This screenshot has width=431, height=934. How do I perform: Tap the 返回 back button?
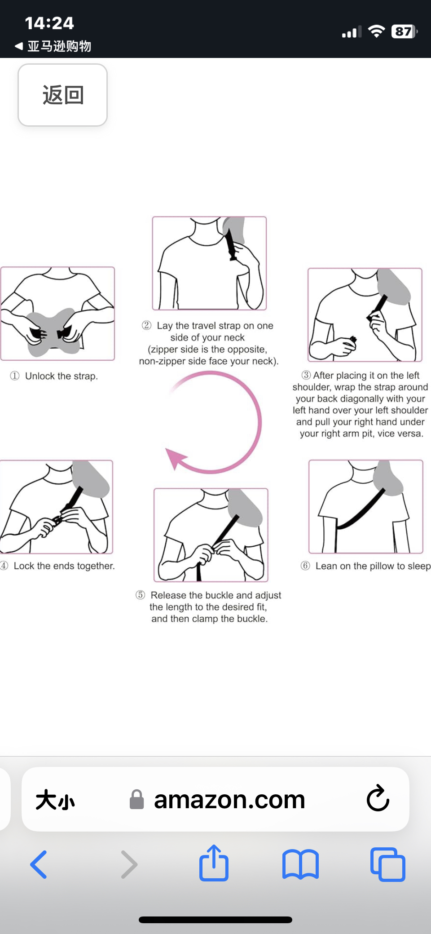[62, 95]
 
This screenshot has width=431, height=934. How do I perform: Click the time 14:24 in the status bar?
[49, 23]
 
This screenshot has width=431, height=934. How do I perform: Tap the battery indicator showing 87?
[404, 31]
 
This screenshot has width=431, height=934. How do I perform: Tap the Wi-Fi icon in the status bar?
[376, 31]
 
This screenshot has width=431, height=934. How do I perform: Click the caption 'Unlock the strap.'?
[61, 376]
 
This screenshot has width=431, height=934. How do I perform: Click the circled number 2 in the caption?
[146, 325]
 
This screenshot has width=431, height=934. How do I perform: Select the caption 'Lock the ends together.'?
[64, 566]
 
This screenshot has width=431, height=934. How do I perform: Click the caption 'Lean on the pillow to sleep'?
[372, 566]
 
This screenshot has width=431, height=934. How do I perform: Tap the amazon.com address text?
[229, 800]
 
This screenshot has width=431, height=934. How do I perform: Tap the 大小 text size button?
[55, 800]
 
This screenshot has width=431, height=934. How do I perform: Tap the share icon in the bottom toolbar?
[214, 863]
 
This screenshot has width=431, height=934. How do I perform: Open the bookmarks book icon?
[300, 864]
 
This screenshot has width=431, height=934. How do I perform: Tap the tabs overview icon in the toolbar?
[387, 864]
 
